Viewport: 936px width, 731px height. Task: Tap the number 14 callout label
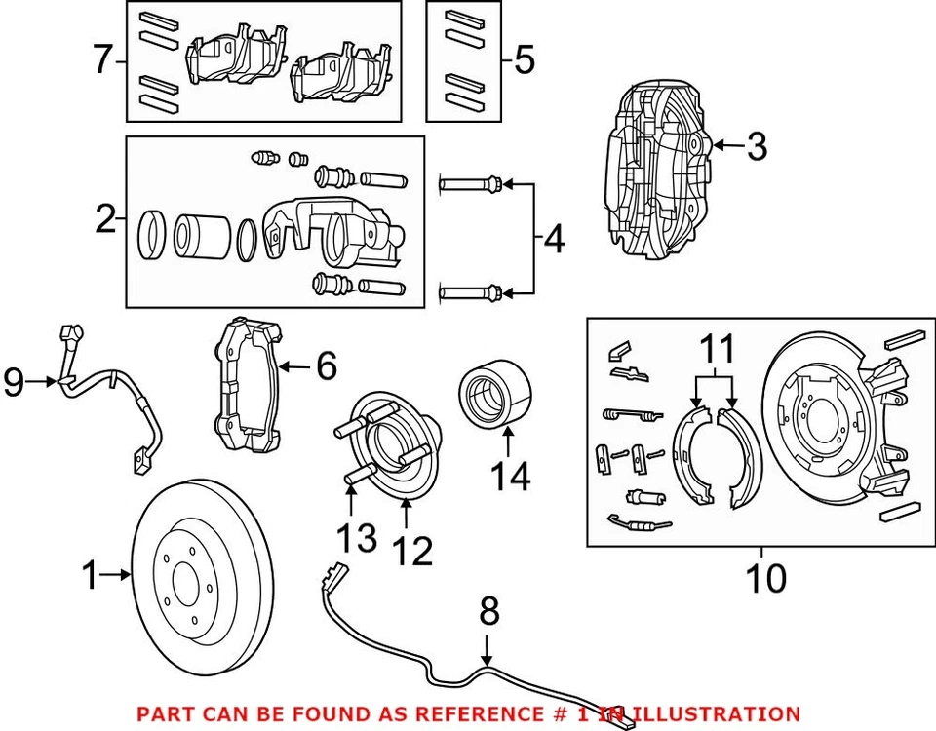(510, 477)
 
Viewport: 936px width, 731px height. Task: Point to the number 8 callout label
(489, 613)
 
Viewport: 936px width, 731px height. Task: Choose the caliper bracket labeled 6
(248, 387)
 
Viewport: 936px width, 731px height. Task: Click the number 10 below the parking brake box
(765, 578)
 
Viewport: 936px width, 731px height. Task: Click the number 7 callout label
(102, 61)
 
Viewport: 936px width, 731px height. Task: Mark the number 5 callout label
(525, 61)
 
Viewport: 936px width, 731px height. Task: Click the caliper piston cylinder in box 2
(195, 236)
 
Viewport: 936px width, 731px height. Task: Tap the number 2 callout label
(105, 220)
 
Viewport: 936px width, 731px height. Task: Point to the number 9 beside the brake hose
(14, 383)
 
